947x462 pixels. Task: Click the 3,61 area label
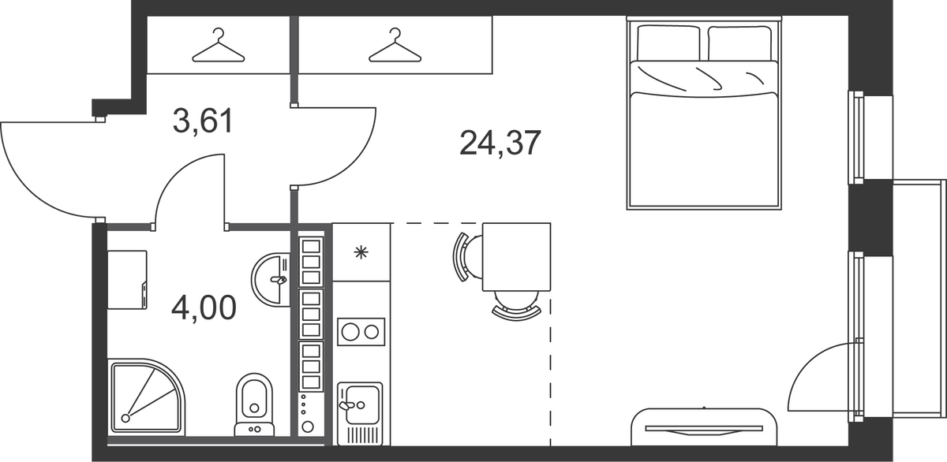pyautogui.click(x=203, y=121)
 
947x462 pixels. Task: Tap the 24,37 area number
pyautogui.click(x=500, y=143)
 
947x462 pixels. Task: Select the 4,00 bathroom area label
pyautogui.click(x=204, y=307)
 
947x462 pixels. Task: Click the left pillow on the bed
pyautogui.click(x=668, y=43)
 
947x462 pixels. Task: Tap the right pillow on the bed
pyautogui.click(x=739, y=43)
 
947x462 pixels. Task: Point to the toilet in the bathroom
pyautogui.click(x=254, y=404)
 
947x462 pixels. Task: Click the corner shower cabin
pyautogui.click(x=146, y=397)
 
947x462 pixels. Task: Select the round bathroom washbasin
pyautogui.click(x=271, y=279)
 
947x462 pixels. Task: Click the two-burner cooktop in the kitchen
pyautogui.click(x=361, y=332)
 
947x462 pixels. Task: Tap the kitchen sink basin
pyautogui.click(x=360, y=404)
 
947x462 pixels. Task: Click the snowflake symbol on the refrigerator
pyautogui.click(x=361, y=253)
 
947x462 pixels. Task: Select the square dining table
pyautogui.click(x=516, y=257)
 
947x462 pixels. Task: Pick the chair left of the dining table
pyautogui.click(x=467, y=257)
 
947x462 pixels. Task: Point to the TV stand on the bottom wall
pyautogui.click(x=704, y=427)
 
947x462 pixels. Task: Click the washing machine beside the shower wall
pyautogui.click(x=127, y=280)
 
